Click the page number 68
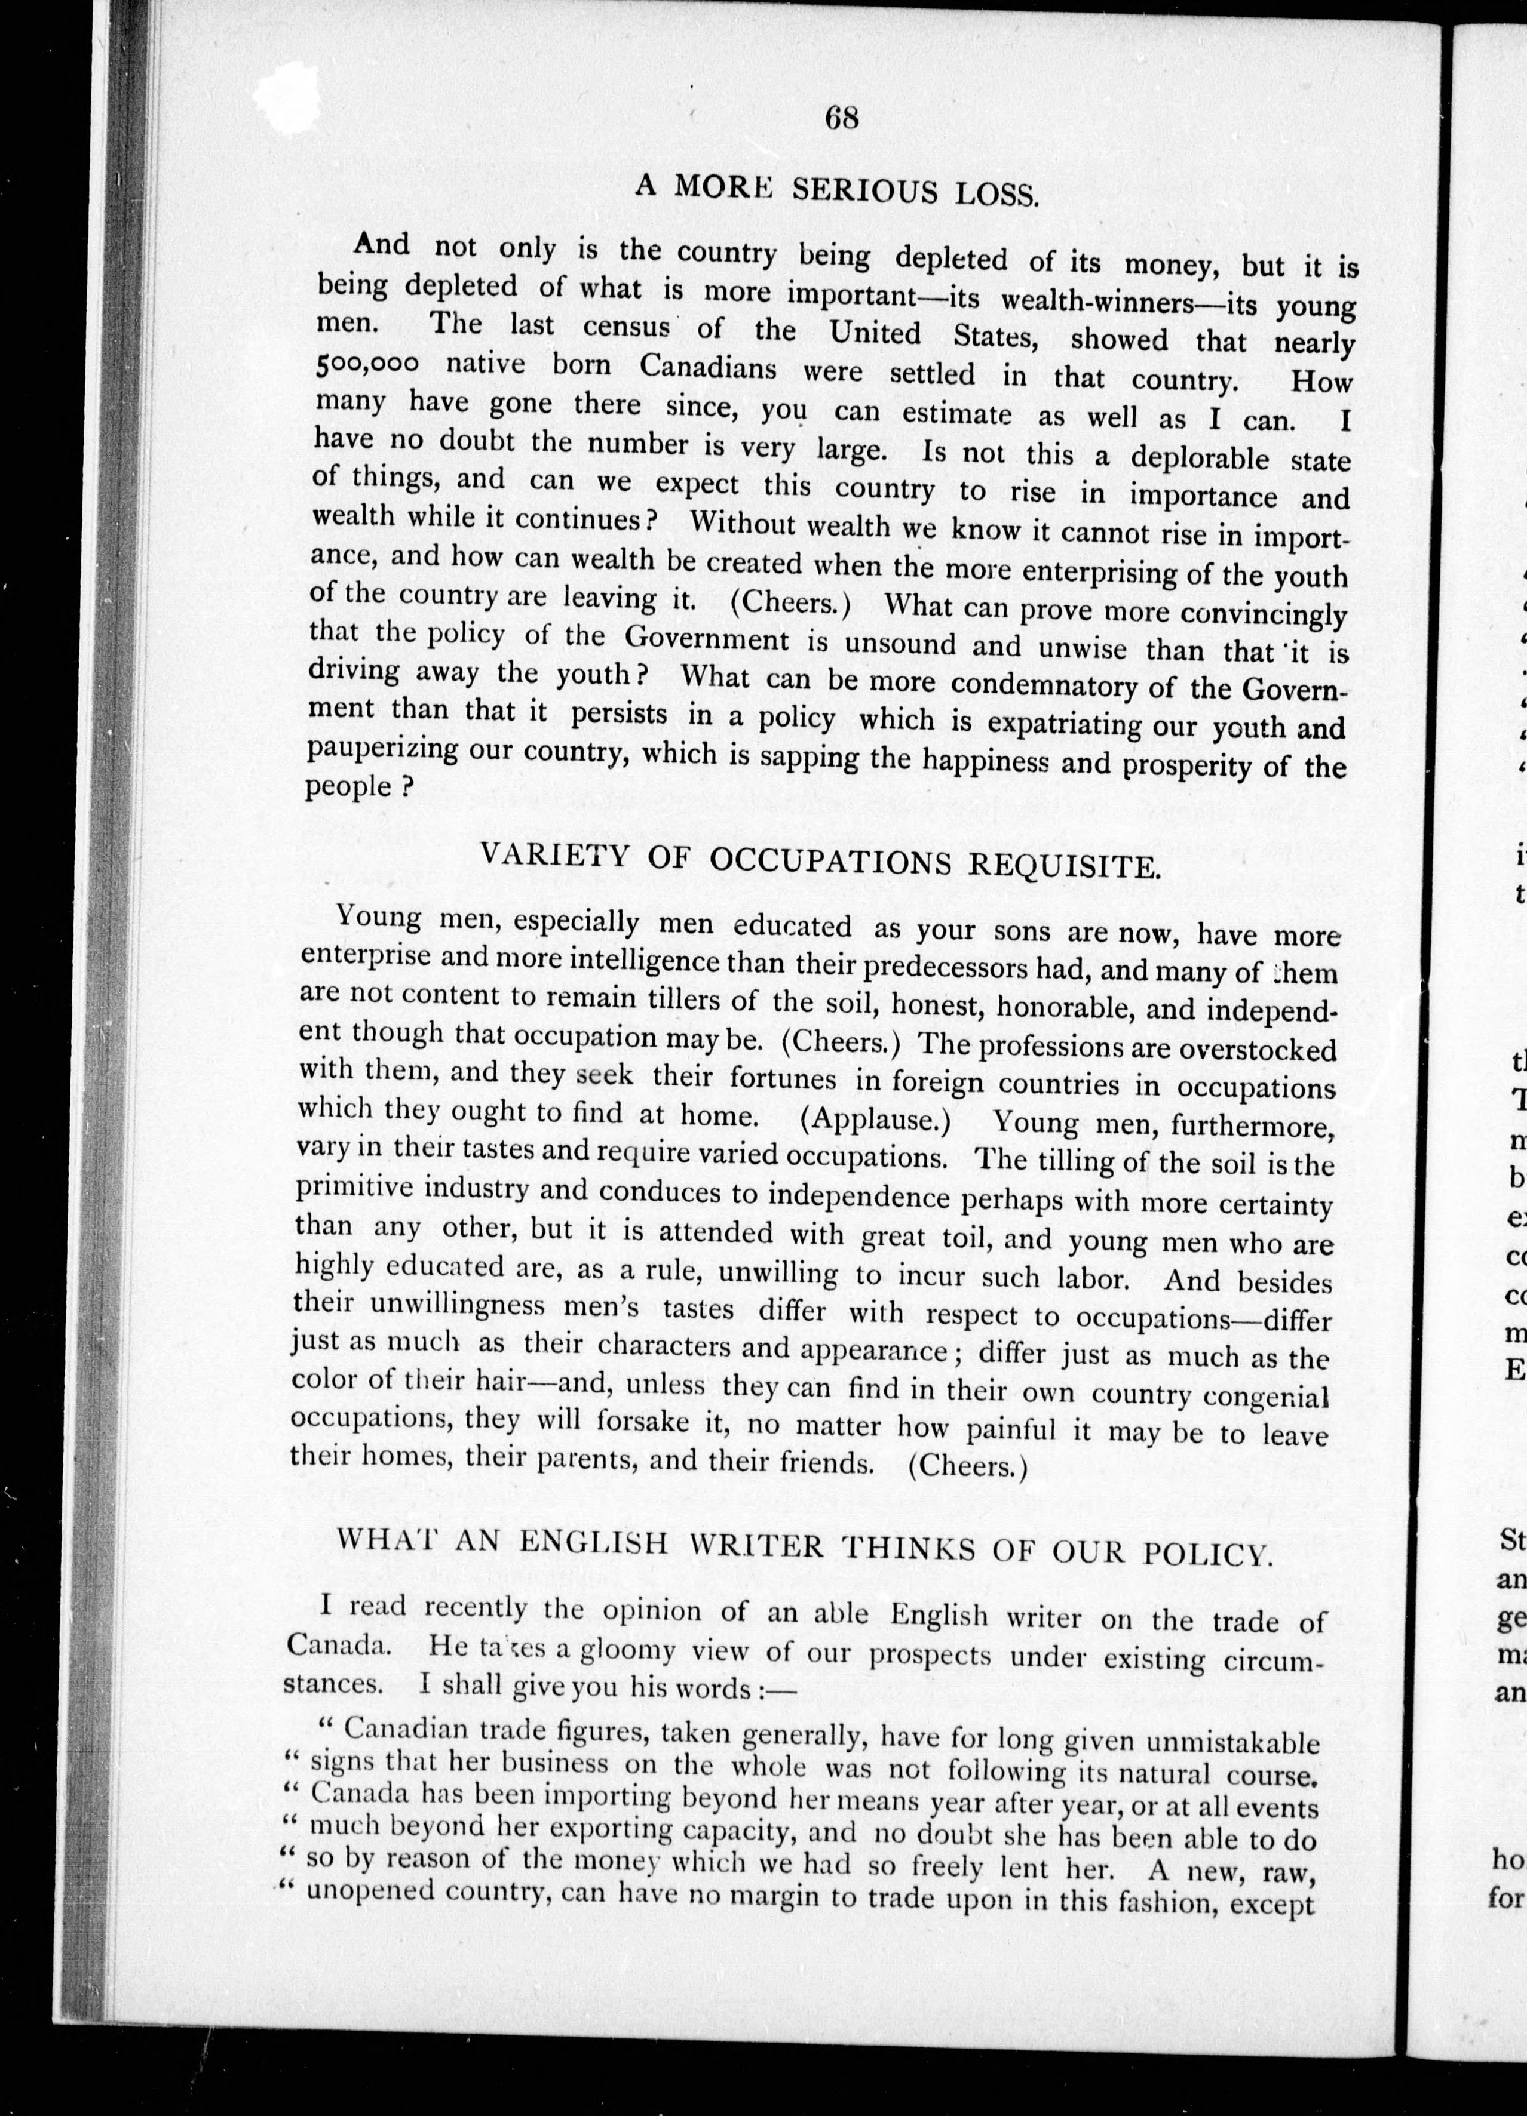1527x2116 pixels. point(841,118)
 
